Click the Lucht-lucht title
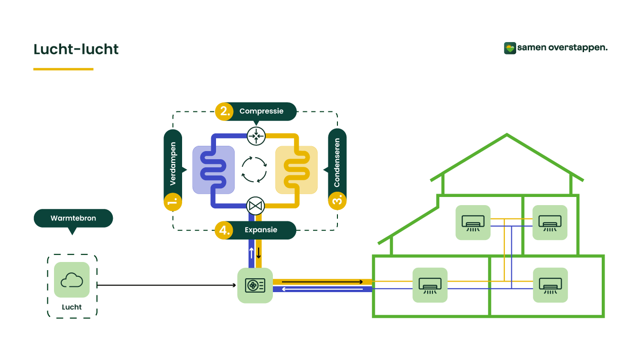[76, 49]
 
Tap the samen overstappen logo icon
[510, 48]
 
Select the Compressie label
[261, 111]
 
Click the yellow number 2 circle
[223, 111]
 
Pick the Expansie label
[261, 230]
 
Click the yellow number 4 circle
[223, 230]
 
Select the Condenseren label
[337, 163]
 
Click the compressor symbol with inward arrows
[256, 136]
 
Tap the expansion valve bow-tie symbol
[256, 206]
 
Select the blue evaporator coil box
[213, 170]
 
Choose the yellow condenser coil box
[296, 170]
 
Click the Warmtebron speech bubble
[73, 218]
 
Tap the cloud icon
[72, 280]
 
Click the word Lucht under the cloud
[72, 307]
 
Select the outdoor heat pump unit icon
[255, 285]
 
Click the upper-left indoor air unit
[473, 222]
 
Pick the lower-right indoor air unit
[551, 285]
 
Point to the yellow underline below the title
[63, 69]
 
